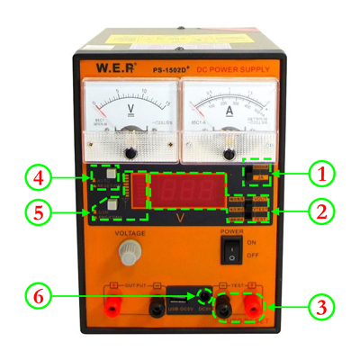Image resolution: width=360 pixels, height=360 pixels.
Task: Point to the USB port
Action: coord(184,296)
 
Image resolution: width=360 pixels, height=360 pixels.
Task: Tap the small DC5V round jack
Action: coord(205,296)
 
